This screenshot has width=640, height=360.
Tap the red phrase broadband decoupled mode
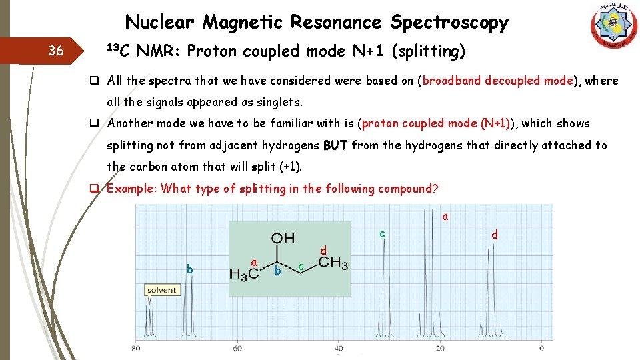tap(497, 81)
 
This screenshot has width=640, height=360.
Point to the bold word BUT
tap(335, 145)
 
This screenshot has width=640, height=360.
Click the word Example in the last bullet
tap(131, 188)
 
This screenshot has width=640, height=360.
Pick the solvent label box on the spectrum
tap(162, 290)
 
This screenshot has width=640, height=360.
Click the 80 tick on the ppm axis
tap(136, 347)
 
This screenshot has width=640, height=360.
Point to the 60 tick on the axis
tap(237, 347)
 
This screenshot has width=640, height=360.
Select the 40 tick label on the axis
tap(339, 347)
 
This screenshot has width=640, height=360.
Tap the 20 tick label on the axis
tap(440, 347)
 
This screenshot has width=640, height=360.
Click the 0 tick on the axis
tap(541, 347)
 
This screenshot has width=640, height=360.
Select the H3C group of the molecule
tap(243, 273)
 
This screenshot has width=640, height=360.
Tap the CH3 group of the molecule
tap(333, 263)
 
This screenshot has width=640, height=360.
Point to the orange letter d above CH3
tap(323, 250)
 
